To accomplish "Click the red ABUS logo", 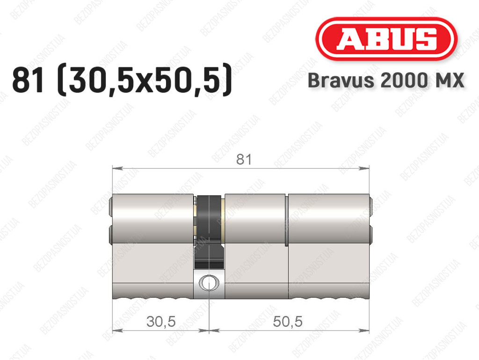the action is (x=386, y=39).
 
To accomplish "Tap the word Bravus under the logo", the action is (x=341, y=81).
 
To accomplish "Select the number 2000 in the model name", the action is (x=404, y=81).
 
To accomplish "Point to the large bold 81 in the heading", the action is (x=28, y=81).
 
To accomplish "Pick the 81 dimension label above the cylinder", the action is (x=244, y=159).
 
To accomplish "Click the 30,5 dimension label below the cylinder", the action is (x=161, y=321).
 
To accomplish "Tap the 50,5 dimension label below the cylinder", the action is (x=288, y=321).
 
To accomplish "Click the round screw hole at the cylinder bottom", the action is (x=209, y=283).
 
